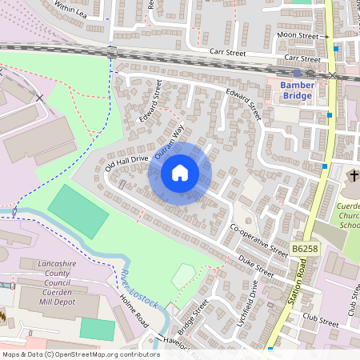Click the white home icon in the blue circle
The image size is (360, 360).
[180, 173]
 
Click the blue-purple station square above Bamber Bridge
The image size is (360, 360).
[297, 73]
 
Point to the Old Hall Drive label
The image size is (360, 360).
[126, 163]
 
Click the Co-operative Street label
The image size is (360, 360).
[258, 240]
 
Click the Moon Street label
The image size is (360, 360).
[297, 36]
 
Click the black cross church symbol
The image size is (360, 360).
[354, 175]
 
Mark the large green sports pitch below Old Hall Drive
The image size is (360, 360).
[78, 211]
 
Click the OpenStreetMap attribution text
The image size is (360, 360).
[81, 354]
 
